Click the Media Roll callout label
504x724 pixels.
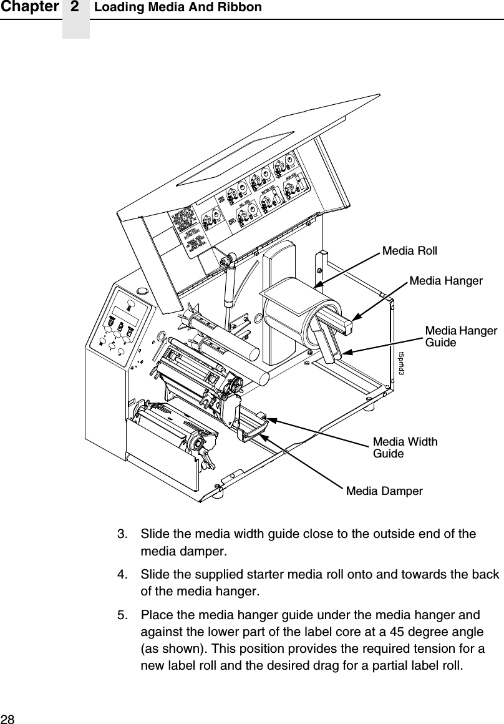coord(409,251)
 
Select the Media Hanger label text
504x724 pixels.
coord(445,281)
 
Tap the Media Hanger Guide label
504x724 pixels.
coord(460,336)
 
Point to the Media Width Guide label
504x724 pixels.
coord(405,448)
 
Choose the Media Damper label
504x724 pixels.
coord(384,491)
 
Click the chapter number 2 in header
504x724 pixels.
coord(75,7)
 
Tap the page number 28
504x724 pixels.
coord(8,716)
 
